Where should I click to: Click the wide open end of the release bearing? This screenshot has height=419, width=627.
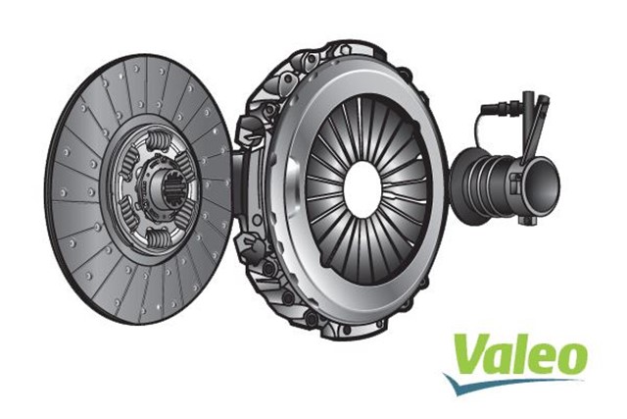[x=543, y=183]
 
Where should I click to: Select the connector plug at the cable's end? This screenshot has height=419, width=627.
[x=510, y=106]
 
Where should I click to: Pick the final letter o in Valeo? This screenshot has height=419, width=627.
[x=569, y=359]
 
